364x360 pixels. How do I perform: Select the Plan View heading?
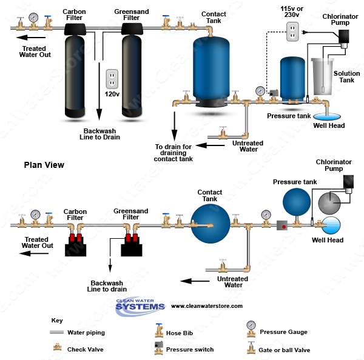coord(44,165)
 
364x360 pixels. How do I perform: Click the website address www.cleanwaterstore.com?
coord(206,306)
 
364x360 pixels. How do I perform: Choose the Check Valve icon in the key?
coord(56,348)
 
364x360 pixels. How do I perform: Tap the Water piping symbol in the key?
coord(57,332)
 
